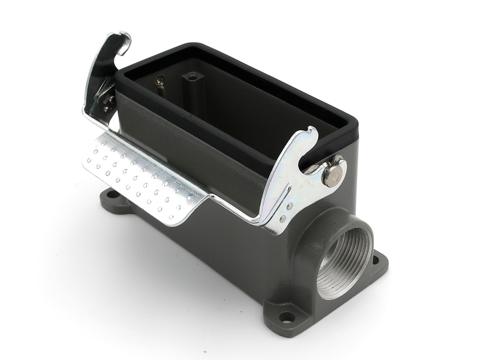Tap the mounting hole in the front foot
pyautogui.click(x=287, y=317)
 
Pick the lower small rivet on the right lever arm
pyautogui.click(x=283, y=218)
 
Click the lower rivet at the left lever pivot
pyautogui.click(x=107, y=109)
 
